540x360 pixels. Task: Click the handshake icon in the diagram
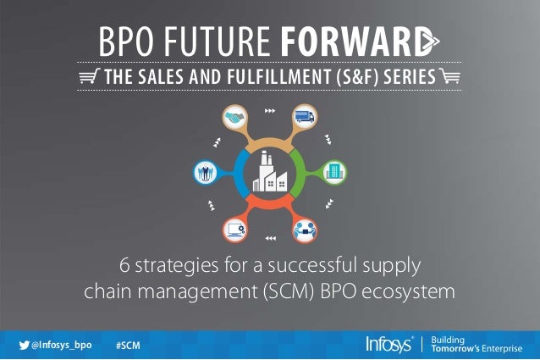point(234,119)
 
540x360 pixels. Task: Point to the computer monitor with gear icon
point(235,228)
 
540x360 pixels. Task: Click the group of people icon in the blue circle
point(204,171)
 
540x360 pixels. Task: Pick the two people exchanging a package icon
point(303,228)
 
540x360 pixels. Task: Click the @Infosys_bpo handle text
point(61,346)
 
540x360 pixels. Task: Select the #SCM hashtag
point(127,346)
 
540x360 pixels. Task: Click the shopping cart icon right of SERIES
point(451,80)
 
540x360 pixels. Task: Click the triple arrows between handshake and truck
point(269,110)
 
